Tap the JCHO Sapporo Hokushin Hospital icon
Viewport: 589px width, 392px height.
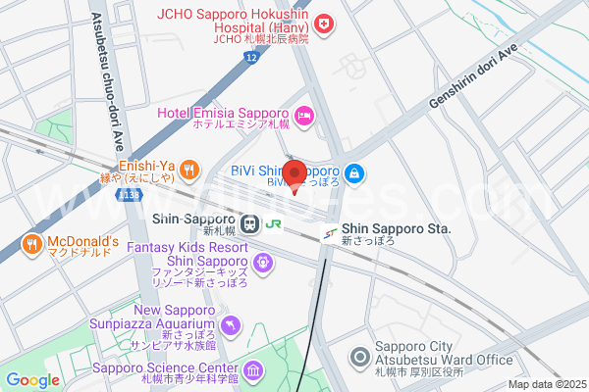(323, 21)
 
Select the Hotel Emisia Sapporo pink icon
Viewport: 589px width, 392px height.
(303, 116)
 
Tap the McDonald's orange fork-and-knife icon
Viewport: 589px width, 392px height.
(32, 243)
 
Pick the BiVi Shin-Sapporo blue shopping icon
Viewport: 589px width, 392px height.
(354, 174)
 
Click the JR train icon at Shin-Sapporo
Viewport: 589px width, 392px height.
(251, 223)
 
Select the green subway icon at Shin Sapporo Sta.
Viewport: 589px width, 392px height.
(329, 233)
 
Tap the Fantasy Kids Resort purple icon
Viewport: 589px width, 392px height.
(262, 261)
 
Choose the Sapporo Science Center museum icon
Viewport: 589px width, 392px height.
(254, 370)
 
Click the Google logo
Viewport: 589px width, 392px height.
(32, 380)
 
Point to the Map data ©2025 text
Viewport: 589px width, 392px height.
(546, 384)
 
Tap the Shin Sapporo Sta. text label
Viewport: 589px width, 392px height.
(396, 228)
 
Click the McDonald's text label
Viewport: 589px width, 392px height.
(82, 242)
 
